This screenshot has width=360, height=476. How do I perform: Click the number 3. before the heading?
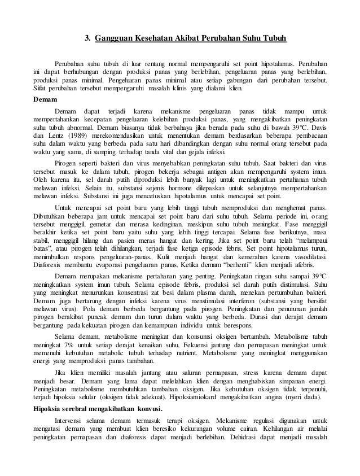pyautogui.click(x=88, y=38)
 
